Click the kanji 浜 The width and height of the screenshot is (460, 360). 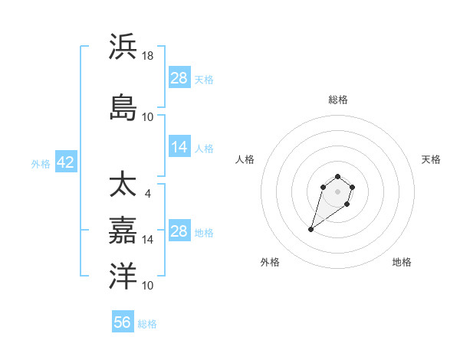pyautogui.click(x=123, y=47)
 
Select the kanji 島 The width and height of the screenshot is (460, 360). pyautogui.click(x=123, y=107)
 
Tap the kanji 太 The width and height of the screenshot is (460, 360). pyautogui.click(x=123, y=185)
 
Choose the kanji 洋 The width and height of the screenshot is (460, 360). pyautogui.click(x=123, y=276)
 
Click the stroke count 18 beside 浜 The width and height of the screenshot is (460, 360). pyautogui.click(x=148, y=56)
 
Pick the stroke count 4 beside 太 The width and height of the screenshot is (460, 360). pyautogui.click(x=147, y=194)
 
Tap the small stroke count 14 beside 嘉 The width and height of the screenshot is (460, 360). pyautogui.click(x=148, y=240)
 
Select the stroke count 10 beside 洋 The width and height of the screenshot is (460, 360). pyautogui.click(x=148, y=286)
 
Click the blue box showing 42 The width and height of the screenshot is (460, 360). pyautogui.click(x=65, y=163)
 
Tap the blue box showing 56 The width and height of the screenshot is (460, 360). pyautogui.click(x=123, y=323)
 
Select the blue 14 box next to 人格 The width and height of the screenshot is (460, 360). pyautogui.click(x=179, y=148)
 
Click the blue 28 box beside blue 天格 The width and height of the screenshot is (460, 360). pyautogui.click(x=179, y=79)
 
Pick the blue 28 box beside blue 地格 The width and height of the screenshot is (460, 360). pyautogui.click(x=179, y=232)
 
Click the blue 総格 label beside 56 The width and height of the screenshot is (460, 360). pyautogui.click(x=147, y=324)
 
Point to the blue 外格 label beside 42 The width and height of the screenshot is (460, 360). pyautogui.click(x=41, y=164)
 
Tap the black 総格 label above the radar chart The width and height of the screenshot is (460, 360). pyautogui.click(x=338, y=100)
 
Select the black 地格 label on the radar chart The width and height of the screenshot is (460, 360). pyautogui.click(x=402, y=262)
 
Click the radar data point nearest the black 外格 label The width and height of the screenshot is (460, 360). pyautogui.click(x=311, y=229)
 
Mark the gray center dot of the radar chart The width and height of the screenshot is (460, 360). pyautogui.click(x=338, y=191)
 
